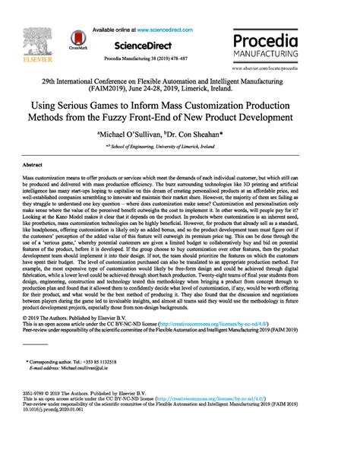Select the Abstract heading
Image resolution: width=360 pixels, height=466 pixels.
click(x=33, y=164)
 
